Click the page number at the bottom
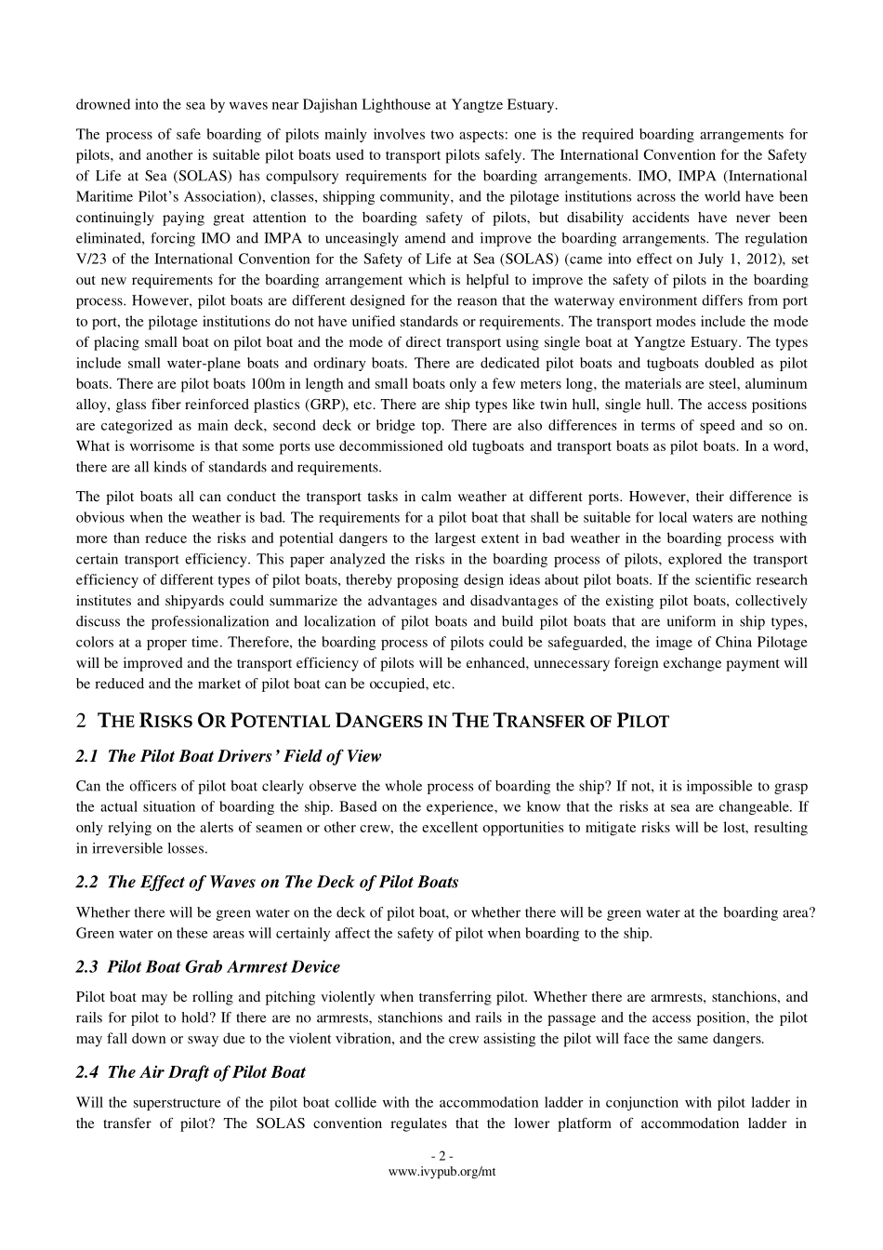[x=441, y=1157]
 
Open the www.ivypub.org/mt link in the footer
[x=441, y=1172]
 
